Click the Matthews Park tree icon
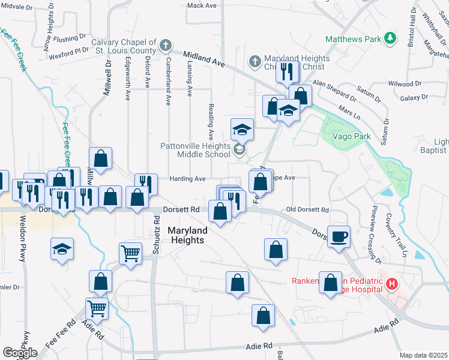(391, 38)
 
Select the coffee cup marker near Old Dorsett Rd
(339, 235)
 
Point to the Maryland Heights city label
(187, 235)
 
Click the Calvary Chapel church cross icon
(164, 45)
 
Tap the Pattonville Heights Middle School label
(195, 150)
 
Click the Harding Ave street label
(188, 178)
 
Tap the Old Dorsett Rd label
(307, 210)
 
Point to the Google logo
(20, 353)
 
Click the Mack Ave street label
(201, 5)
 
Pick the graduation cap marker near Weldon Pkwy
(62, 250)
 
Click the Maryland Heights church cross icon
(255, 62)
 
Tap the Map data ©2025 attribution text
(423, 355)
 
